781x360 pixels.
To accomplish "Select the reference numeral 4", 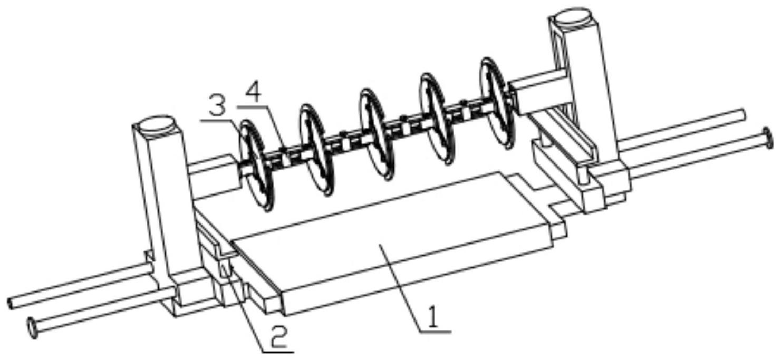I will point(254,94).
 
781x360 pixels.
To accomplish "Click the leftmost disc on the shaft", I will point(257,164).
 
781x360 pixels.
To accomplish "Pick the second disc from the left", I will point(317,151).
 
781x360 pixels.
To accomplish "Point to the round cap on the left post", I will point(157,126).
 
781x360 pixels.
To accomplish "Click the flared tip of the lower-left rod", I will point(32,328).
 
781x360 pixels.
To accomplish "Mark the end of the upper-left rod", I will point(11,303).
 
